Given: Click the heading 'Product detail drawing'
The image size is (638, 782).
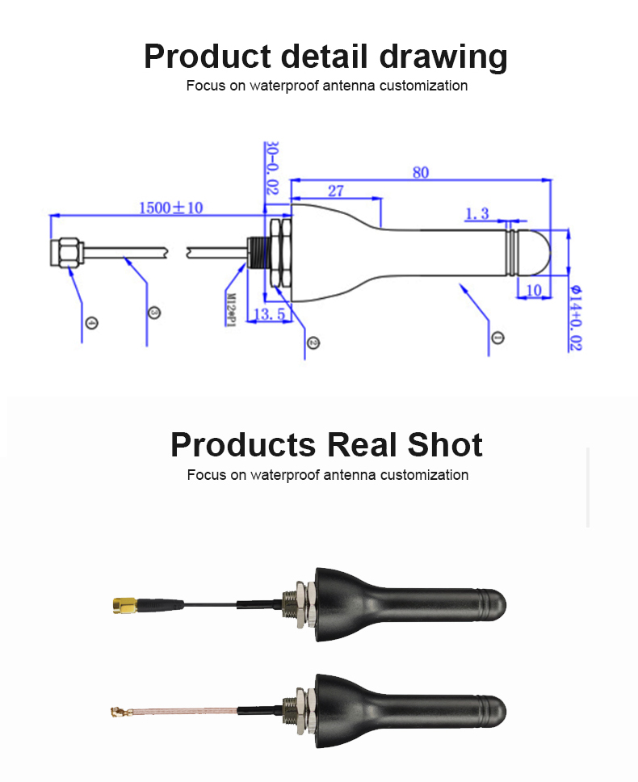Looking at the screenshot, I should (325, 57).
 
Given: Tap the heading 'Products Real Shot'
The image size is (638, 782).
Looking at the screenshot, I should (326, 444).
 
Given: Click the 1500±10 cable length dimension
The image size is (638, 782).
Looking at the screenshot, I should (170, 208).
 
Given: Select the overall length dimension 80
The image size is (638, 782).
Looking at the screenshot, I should (420, 172).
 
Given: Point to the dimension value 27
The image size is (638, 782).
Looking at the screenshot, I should (335, 191).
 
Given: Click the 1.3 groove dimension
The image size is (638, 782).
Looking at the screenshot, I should (476, 213).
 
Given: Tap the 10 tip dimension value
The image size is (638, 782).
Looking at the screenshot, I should (533, 290).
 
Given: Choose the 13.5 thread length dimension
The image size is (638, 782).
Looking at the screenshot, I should (268, 313).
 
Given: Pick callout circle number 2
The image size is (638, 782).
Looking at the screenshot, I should (313, 343).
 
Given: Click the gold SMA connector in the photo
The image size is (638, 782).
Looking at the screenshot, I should (124, 603).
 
